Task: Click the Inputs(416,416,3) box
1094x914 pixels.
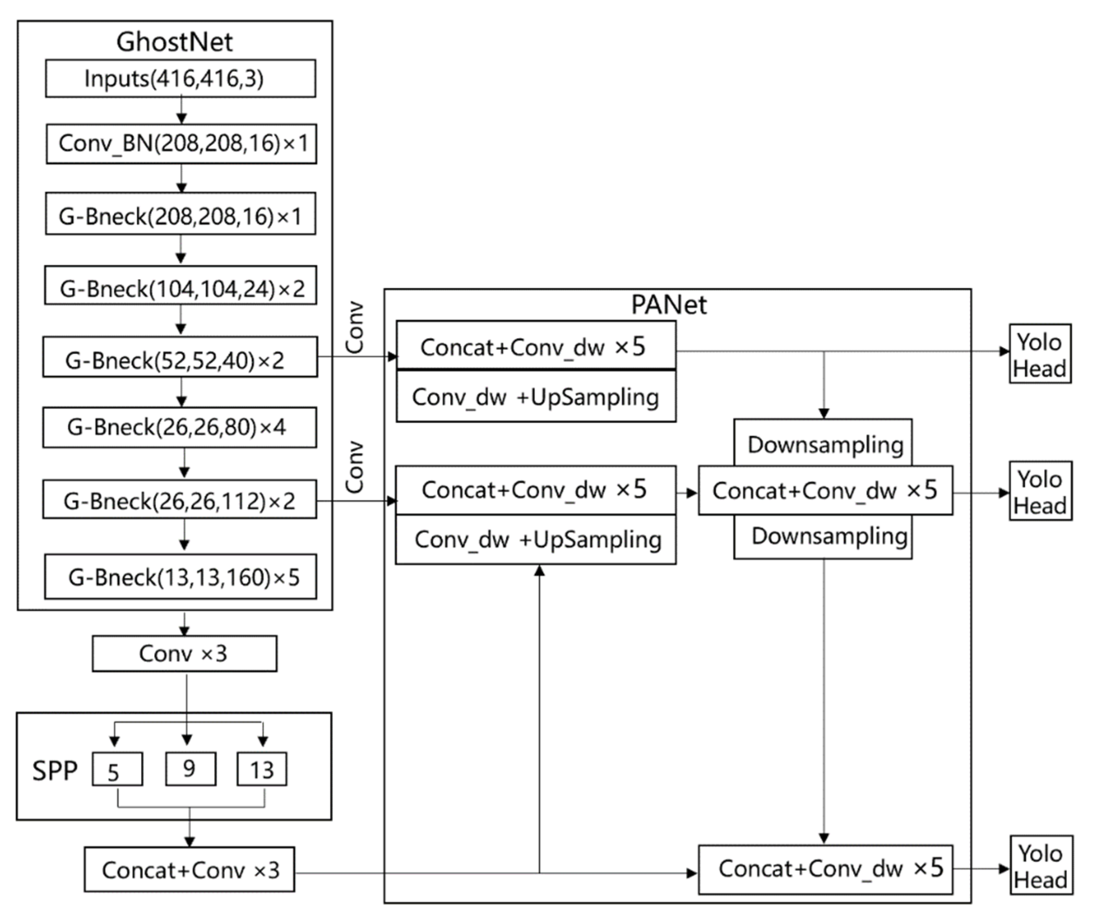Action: pyautogui.click(x=180, y=79)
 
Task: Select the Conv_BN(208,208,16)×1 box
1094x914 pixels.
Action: pyautogui.click(x=181, y=144)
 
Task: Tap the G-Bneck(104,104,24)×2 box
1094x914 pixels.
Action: pyautogui.click(x=180, y=286)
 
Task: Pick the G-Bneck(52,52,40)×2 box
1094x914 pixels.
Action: pyautogui.click(x=180, y=357)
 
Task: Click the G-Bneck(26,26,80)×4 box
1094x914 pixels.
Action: pyautogui.click(x=179, y=427)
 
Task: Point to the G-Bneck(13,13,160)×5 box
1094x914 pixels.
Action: pyautogui.click(x=180, y=577)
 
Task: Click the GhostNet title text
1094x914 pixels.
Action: pyautogui.click(x=175, y=42)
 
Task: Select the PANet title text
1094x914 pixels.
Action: pyautogui.click(x=669, y=305)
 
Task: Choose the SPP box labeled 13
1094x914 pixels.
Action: pyautogui.click(x=262, y=769)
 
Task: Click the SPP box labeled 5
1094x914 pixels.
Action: pyautogui.click(x=117, y=769)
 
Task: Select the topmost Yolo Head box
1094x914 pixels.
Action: pyautogui.click(x=1040, y=354)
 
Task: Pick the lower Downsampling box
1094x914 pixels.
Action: pyautogui.click(x=823, y=537)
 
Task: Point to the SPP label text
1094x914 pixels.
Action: pyautogui.click(x=55, y=771)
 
